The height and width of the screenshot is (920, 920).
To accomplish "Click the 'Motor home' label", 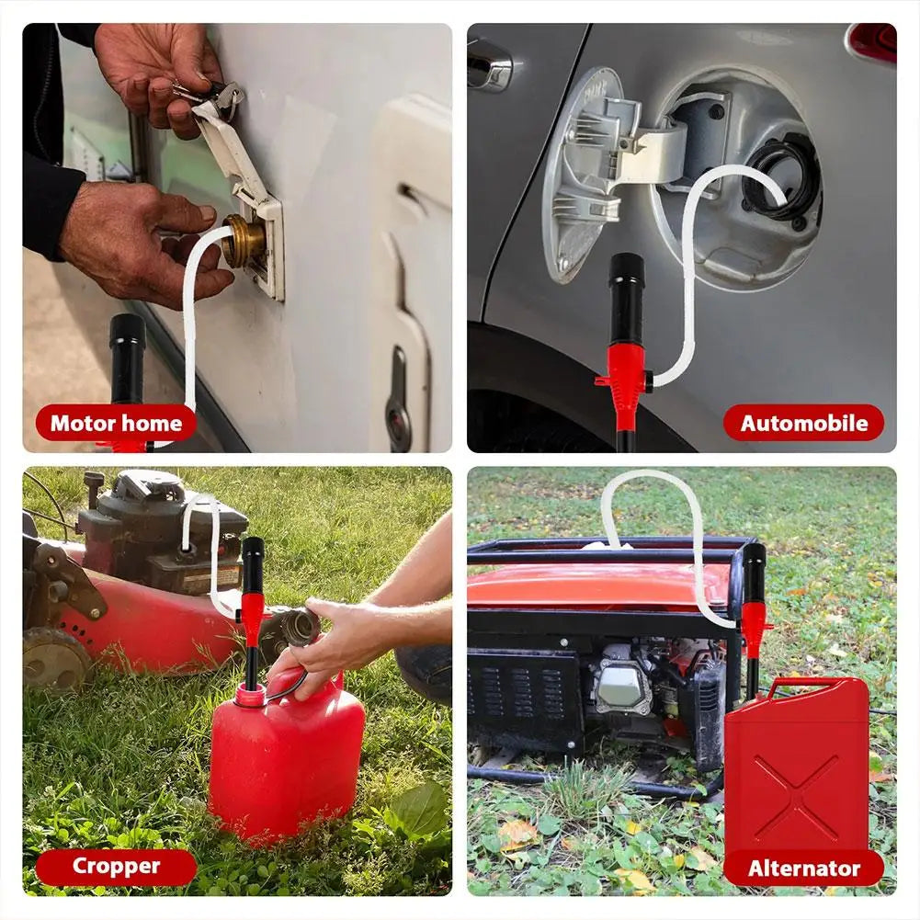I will [x=116, y=423].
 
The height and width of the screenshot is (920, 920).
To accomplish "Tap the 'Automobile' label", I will [x=803, y=423].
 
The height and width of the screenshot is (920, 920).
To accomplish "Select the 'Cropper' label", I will [x=116, y=866].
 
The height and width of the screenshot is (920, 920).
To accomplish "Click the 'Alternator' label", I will [x=803, y=868].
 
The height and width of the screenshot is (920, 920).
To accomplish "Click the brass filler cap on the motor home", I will [x=244, y=241].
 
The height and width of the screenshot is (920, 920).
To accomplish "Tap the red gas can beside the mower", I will [x=285, y=763].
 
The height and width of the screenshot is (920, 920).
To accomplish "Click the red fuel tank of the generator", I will [x=588, y=588].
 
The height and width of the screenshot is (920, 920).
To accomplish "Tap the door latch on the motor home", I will [x=398, y=386].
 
